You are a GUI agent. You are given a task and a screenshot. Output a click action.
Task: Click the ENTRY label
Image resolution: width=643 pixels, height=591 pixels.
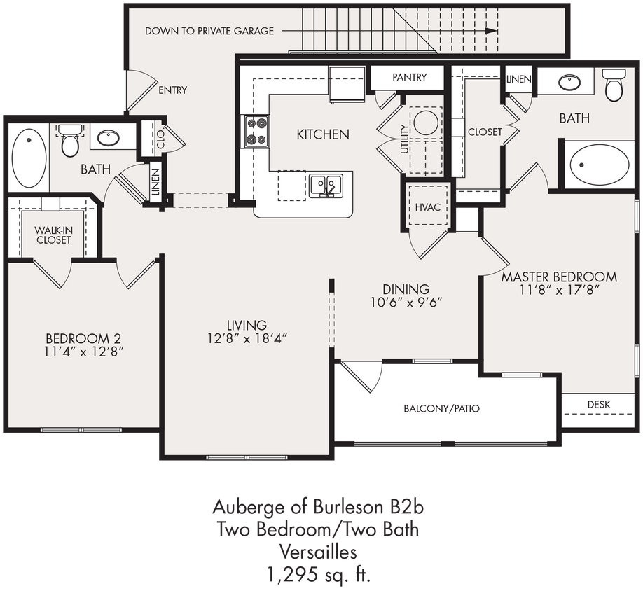point(173,90)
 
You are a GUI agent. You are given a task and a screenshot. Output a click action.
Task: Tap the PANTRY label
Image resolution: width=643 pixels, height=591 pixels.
point(409,77)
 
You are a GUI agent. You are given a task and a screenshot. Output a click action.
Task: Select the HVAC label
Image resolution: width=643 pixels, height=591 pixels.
point(427,207)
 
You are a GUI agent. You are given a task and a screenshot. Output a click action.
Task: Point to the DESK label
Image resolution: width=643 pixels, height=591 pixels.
point(599,405)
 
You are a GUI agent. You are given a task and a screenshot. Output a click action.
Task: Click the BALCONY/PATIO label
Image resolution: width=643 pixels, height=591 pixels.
point(441,408)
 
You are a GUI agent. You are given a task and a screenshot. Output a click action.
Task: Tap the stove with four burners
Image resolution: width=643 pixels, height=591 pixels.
point(256,131)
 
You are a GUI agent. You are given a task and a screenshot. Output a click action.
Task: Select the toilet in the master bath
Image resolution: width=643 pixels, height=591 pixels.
point(614,85)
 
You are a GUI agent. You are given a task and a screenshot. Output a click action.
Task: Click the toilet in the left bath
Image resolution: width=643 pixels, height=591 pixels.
point(70,141)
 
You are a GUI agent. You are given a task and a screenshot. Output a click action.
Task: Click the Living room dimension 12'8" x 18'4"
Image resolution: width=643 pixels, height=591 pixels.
point(247,338)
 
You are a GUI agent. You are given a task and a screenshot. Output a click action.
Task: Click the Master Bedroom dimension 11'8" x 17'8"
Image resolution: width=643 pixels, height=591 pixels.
point(559,289)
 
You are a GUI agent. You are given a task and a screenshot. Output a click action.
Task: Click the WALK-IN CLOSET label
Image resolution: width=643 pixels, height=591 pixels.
point(54,235)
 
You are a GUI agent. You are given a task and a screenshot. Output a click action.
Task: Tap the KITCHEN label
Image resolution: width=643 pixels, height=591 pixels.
point(323,134)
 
